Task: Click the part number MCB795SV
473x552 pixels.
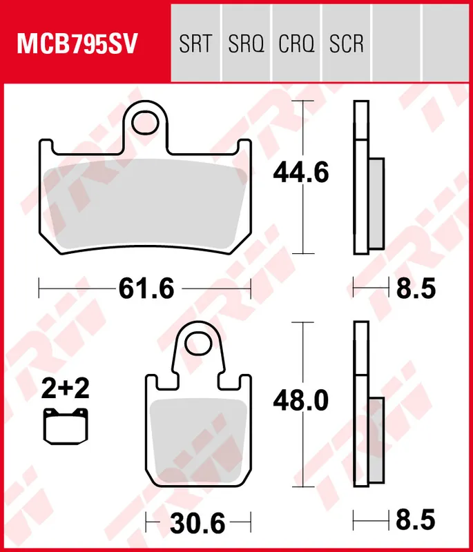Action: [x=77, y=45]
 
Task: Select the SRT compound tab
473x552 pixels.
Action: [x=195, y=45]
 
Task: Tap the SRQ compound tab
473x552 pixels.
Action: [x=246, y=45]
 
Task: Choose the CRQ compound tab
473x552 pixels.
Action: [x=296, y=45]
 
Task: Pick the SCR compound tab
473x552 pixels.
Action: [x=347, y=45]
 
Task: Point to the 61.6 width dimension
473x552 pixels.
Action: [x=146, y=288]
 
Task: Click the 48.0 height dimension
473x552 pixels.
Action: [x=300, y=400]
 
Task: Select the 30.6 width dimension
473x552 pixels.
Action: [x=198, y=524]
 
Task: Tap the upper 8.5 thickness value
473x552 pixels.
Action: [x=416, y=288]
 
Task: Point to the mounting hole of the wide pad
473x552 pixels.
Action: [x=146, y=123]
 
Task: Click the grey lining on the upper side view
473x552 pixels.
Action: [x=376, y=204]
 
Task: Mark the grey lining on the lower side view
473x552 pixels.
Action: [x=376, y=440]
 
